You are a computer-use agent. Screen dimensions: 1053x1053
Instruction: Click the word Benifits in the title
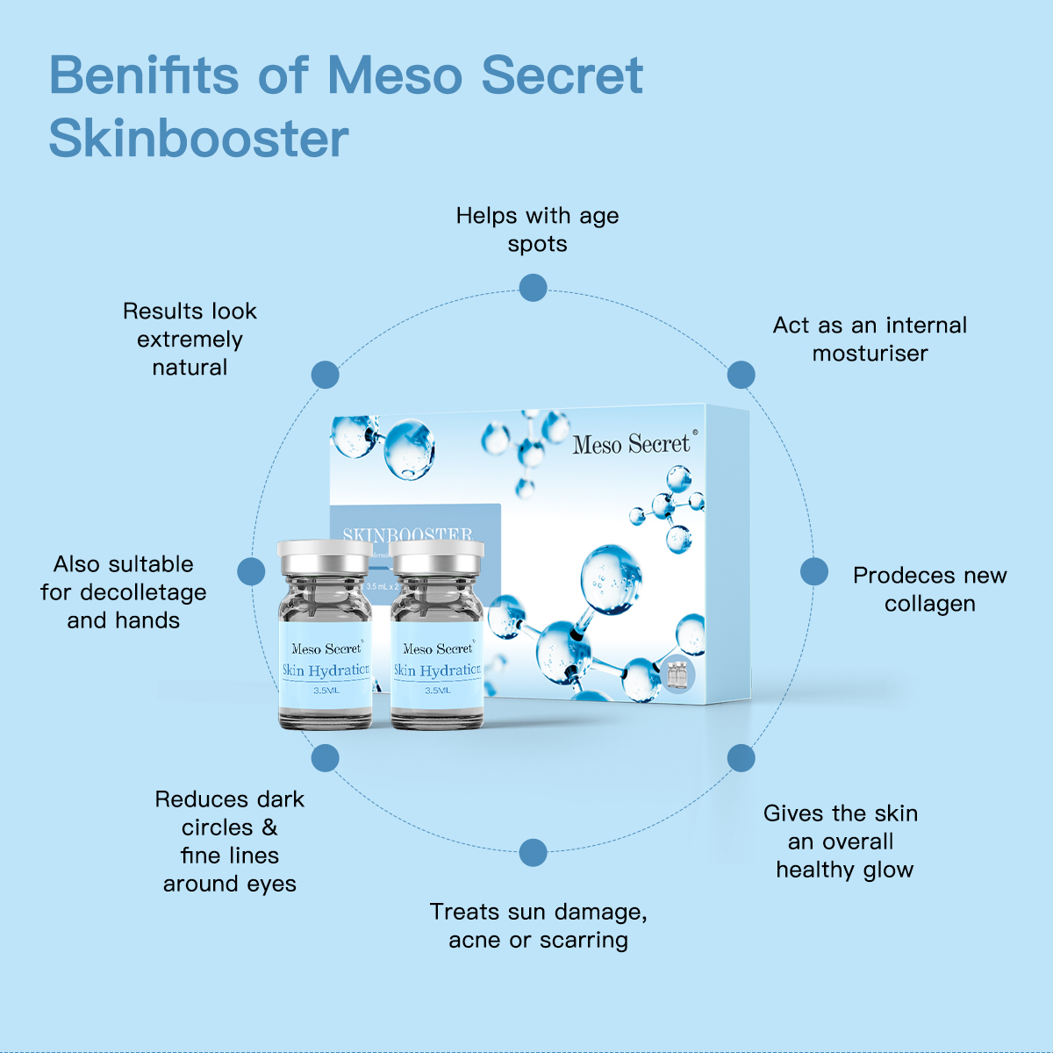pyautogui.click(x=144, y=75)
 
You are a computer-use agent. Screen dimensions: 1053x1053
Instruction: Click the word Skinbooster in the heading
pyautogui.click(x=198, y=139)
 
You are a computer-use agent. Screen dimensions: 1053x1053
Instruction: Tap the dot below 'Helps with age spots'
pyautogui.click(x=533, y=287)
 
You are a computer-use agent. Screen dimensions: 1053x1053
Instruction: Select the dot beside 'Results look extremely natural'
pyautogui.click(x=325, y=375)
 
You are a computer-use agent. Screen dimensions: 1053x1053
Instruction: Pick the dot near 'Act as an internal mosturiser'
pyautogui.click(x=741, y=375)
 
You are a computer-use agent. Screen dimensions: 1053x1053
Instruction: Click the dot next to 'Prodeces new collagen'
pyautogui.click(x=813, y=571)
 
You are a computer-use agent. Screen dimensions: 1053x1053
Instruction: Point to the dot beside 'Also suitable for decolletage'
pyautogui.click(x=251, y=571)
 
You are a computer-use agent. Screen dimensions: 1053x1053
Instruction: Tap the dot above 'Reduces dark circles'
pyautogui.click(x=325, y=758)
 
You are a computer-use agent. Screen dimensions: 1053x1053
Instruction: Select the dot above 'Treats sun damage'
pyautogui.click(x=533, y=852)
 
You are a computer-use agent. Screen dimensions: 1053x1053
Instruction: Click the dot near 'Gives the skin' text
pyautogui.click(x=741, y=758)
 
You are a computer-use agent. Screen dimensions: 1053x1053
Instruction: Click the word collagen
pyautogui.click(x=929, y=605)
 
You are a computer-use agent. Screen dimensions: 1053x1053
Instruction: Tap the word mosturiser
pyautogui.click(x=870, y=354)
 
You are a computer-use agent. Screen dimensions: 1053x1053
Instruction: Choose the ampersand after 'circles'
pyautogui.click(x=269, y=827)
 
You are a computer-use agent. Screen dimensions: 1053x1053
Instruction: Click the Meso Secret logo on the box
pyautogui.click(x=632, y=445)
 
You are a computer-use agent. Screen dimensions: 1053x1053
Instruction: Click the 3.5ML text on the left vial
pyautogui.click(x=326, y=691)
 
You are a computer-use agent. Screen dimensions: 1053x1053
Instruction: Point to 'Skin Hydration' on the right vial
pyautogui.click(x=437, y=670)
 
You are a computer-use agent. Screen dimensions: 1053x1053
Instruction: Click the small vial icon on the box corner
pyautogui.click(x=677, y=676)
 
